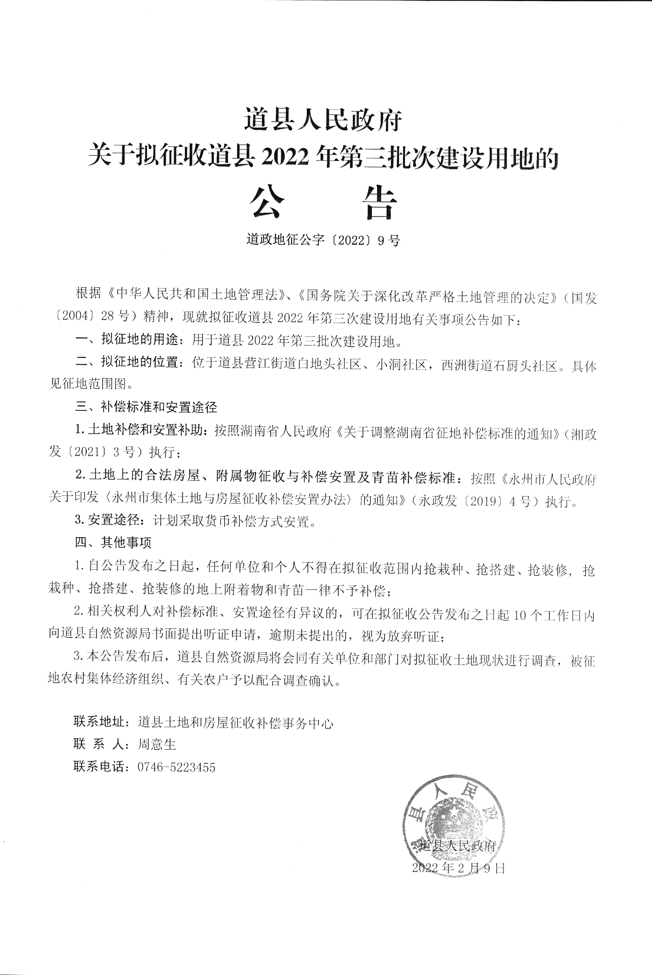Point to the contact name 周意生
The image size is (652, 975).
click(x=157, y=744)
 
